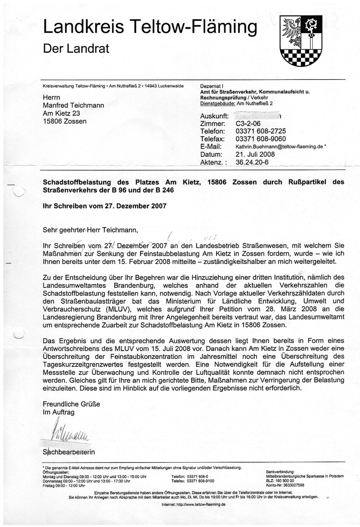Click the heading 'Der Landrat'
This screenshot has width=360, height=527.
click(x=76, y=49)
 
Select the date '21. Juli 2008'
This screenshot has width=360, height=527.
click(x=255, y=154)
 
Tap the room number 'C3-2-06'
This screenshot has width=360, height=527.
click(x=248, y=124)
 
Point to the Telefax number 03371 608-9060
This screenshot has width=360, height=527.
click(x=261, y=139)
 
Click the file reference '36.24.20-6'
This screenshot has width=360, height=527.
click(x=252, y=162)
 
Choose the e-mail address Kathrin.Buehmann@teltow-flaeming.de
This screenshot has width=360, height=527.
click(x=279, y=147)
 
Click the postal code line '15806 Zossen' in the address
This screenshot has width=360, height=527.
click(x=64, y=121)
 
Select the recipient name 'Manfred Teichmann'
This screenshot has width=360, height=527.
click(x=73, y=105)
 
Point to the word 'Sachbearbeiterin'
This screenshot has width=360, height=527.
click(x=69, y=452)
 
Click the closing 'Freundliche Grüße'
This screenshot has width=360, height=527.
click(x=71, y=404)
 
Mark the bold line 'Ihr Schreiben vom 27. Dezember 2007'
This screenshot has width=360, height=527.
click(x=105, y=206)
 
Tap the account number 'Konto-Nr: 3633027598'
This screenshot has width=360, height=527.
click(x=285, y=485)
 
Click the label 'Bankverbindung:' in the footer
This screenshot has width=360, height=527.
click(x=280, y=472)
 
